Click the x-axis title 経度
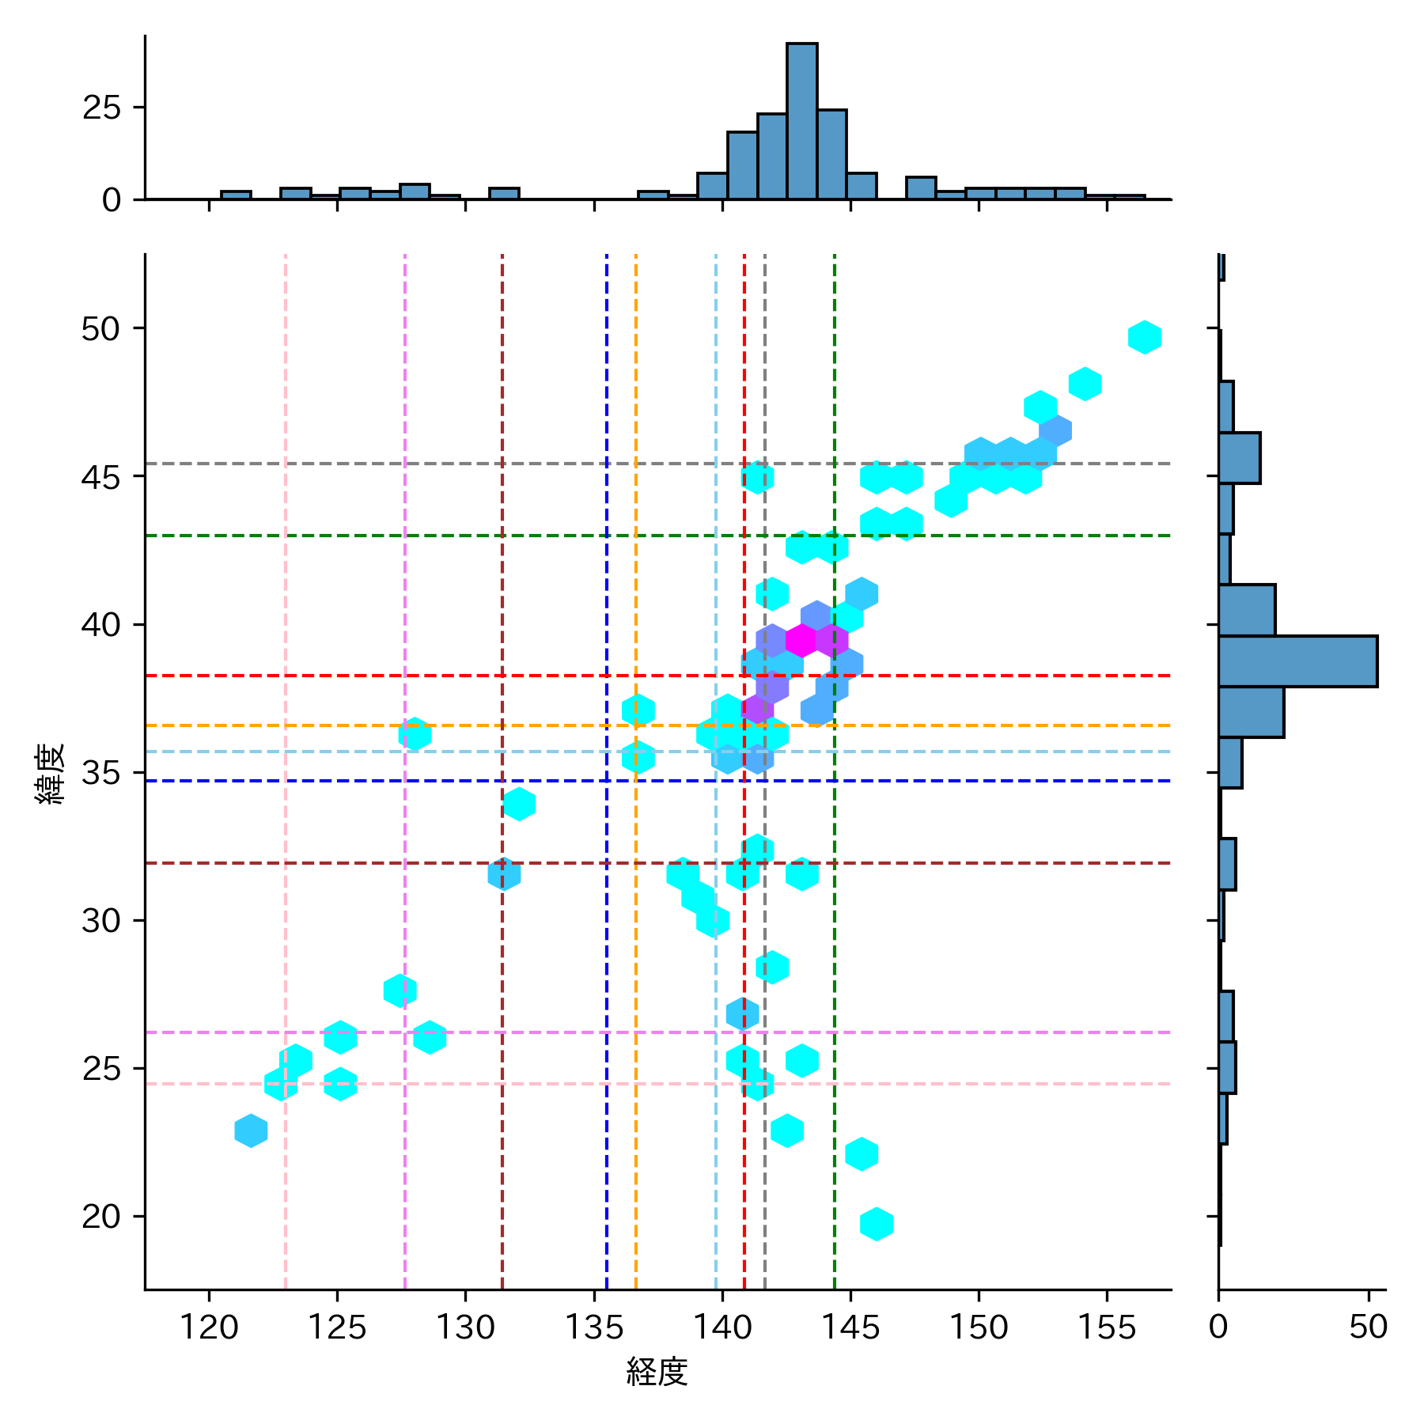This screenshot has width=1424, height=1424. [x=657, y=1372]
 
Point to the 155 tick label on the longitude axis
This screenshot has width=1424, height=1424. [x=1106, y=1327]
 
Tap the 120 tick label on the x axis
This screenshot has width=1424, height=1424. [x=209, y=1327]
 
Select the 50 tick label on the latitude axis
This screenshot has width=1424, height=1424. [x=100, y=329]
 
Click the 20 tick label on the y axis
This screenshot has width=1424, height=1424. [x=100, y=1217]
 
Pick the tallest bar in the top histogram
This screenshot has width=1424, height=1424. [x=801, y=121]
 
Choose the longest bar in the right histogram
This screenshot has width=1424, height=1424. [x=1297, y=661]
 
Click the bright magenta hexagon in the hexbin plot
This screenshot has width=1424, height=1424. [x=801, y=640]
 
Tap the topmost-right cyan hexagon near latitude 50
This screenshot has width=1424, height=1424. [x=1144, y=337]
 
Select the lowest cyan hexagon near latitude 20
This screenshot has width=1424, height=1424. [x=877, y=1224]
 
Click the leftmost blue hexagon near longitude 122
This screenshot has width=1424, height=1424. [x=251, y=1130]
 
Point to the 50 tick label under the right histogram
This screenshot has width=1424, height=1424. [x=1369, y=1327]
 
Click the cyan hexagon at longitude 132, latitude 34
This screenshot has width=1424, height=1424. [x=519, y=804]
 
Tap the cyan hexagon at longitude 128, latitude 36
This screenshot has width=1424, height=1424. [x=415, y=734]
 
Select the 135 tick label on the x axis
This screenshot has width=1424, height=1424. [x=594, y=1327]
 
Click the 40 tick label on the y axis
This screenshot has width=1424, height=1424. [x=100, y=625]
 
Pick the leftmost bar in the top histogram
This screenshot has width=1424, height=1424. [x=236, y=195]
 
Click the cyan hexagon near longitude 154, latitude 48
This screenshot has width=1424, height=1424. [x=1085, y=384]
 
